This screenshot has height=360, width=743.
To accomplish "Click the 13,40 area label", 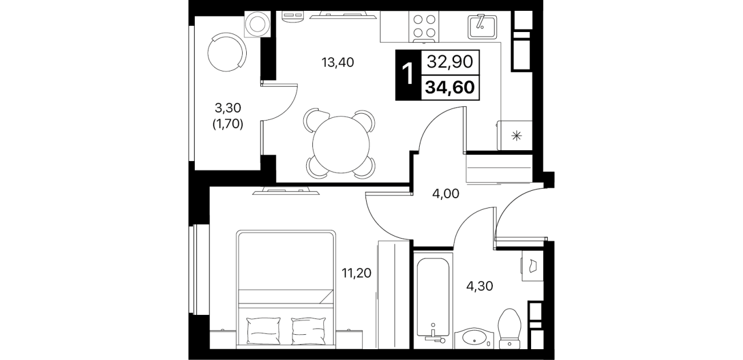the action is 338,62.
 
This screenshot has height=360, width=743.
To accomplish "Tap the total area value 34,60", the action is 450,87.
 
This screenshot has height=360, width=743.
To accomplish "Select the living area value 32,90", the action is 450,62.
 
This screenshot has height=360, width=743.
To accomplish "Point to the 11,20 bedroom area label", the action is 356,273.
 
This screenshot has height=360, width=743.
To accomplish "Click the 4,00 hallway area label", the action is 445,194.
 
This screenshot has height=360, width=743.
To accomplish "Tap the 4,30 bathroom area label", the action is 480,286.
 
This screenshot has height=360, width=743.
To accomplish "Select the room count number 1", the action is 408,75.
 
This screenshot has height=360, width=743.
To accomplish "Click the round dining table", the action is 340,144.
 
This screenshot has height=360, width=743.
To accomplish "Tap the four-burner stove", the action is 424,26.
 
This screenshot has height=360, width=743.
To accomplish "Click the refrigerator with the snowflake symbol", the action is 515,135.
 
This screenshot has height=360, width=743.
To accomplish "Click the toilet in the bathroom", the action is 510,329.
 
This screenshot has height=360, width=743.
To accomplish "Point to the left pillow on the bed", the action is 264,330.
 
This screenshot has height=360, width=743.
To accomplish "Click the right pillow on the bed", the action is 308,330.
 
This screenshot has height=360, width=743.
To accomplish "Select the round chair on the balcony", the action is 227,52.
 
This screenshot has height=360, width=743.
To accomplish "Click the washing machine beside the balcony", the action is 258,24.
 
